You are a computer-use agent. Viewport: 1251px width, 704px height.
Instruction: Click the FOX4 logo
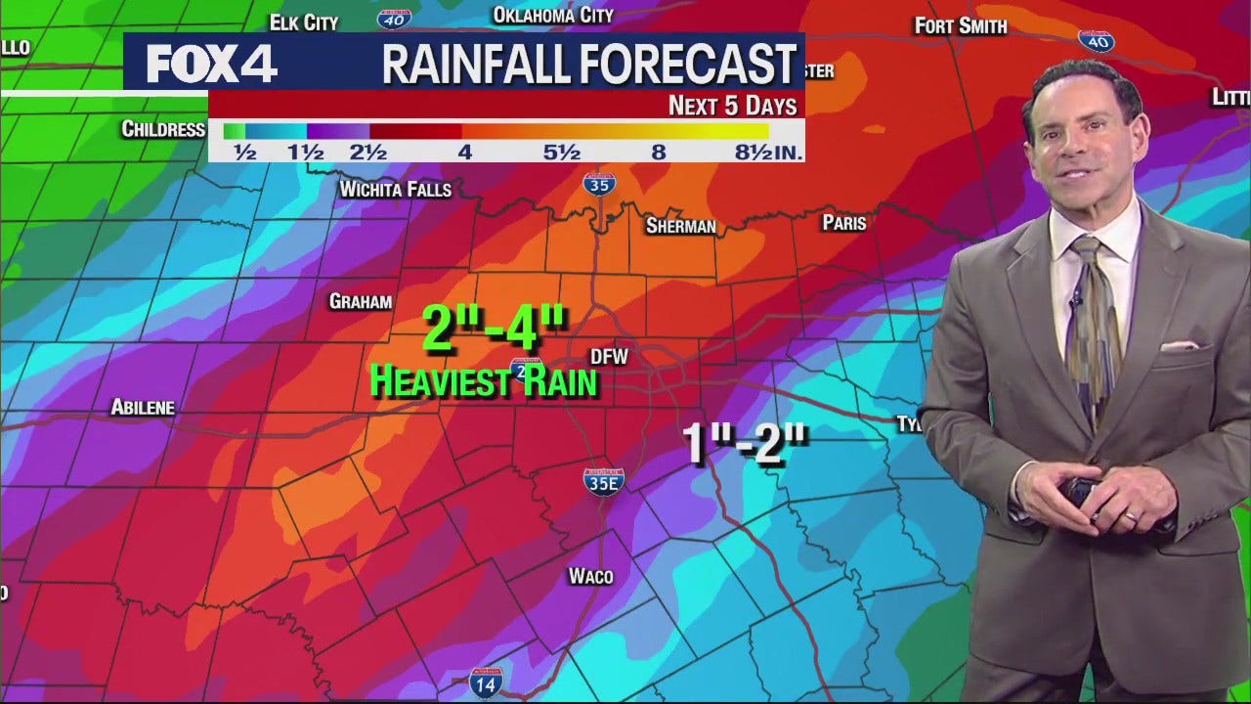211,65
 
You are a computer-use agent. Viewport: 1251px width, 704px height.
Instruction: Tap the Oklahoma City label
553,15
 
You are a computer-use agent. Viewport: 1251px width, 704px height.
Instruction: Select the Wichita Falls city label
395,189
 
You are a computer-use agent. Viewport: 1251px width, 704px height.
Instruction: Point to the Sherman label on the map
680,226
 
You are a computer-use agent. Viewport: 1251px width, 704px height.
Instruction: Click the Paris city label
844,223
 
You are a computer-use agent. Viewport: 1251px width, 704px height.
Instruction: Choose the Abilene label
143,407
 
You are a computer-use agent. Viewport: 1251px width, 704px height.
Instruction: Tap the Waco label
590,576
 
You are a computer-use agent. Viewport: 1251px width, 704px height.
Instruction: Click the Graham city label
361,301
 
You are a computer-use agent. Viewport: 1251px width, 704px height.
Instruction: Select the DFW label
609,357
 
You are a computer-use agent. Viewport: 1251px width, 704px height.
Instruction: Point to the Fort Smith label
960,26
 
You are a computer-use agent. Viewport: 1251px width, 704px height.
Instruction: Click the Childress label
163,129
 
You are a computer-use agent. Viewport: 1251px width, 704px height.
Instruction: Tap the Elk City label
304,22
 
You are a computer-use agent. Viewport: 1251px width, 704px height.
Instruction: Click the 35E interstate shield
603,481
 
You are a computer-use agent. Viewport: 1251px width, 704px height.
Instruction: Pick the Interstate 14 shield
486,682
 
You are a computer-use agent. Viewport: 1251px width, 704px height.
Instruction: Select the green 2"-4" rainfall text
495,328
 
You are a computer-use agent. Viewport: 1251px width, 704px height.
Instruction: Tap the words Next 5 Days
732,106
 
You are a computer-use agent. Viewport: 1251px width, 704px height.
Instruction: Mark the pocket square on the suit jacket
1180,345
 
